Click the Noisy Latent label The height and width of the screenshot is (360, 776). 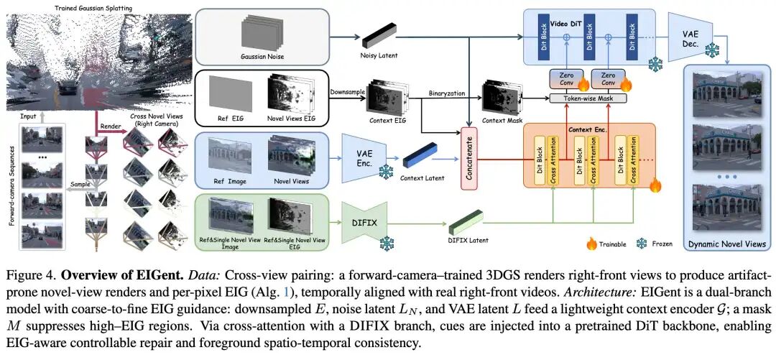tap(379, 55)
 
